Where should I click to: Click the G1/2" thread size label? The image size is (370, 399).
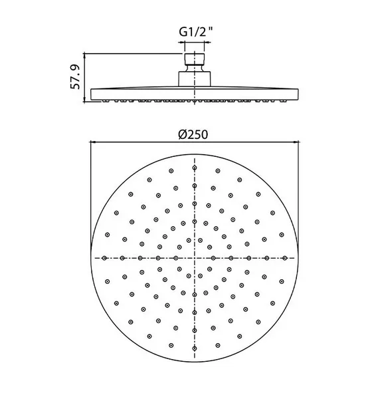(x=195, y=32)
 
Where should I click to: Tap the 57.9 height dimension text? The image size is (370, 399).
(x=75, y=77)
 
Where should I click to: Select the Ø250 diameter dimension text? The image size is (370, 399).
(x=193, y=134)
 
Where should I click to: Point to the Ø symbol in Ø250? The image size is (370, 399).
(x=183, y=134)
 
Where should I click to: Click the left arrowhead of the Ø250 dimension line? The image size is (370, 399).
(x=93, y=142)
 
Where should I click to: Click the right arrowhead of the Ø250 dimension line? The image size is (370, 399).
(x=296, y=142)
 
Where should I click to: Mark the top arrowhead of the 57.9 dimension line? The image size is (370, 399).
(x=84, y=56)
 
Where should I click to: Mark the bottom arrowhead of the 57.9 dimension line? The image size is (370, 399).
(x=84, y=99)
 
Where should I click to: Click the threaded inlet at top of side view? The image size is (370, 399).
(x=195, y=59)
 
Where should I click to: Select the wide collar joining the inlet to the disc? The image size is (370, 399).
(x=195, y=79)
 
